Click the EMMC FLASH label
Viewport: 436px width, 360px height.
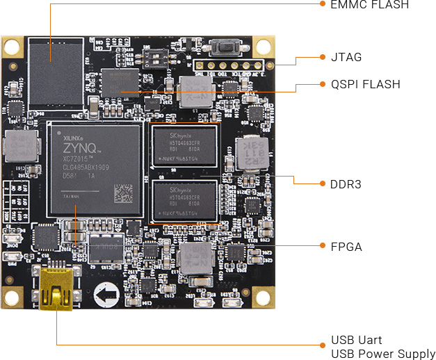pyautogui.click(x=370, y=4)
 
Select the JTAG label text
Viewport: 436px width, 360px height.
pyautogui.click(x=346, y=57)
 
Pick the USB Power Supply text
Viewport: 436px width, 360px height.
pyautogui.click(x=383, y=354)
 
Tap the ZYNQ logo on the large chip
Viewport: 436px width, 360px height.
pyautogui.click(x=78, y=148)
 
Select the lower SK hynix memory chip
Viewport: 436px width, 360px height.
pyautogui.click(x=185, y=202)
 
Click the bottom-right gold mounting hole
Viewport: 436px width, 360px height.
pyautogui.click(x=263, y=296)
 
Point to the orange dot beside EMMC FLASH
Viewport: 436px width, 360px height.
pyautogui.click(x=323, y=4)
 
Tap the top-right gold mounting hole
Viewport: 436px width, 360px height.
pyautogui.click(x=263, y=47)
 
